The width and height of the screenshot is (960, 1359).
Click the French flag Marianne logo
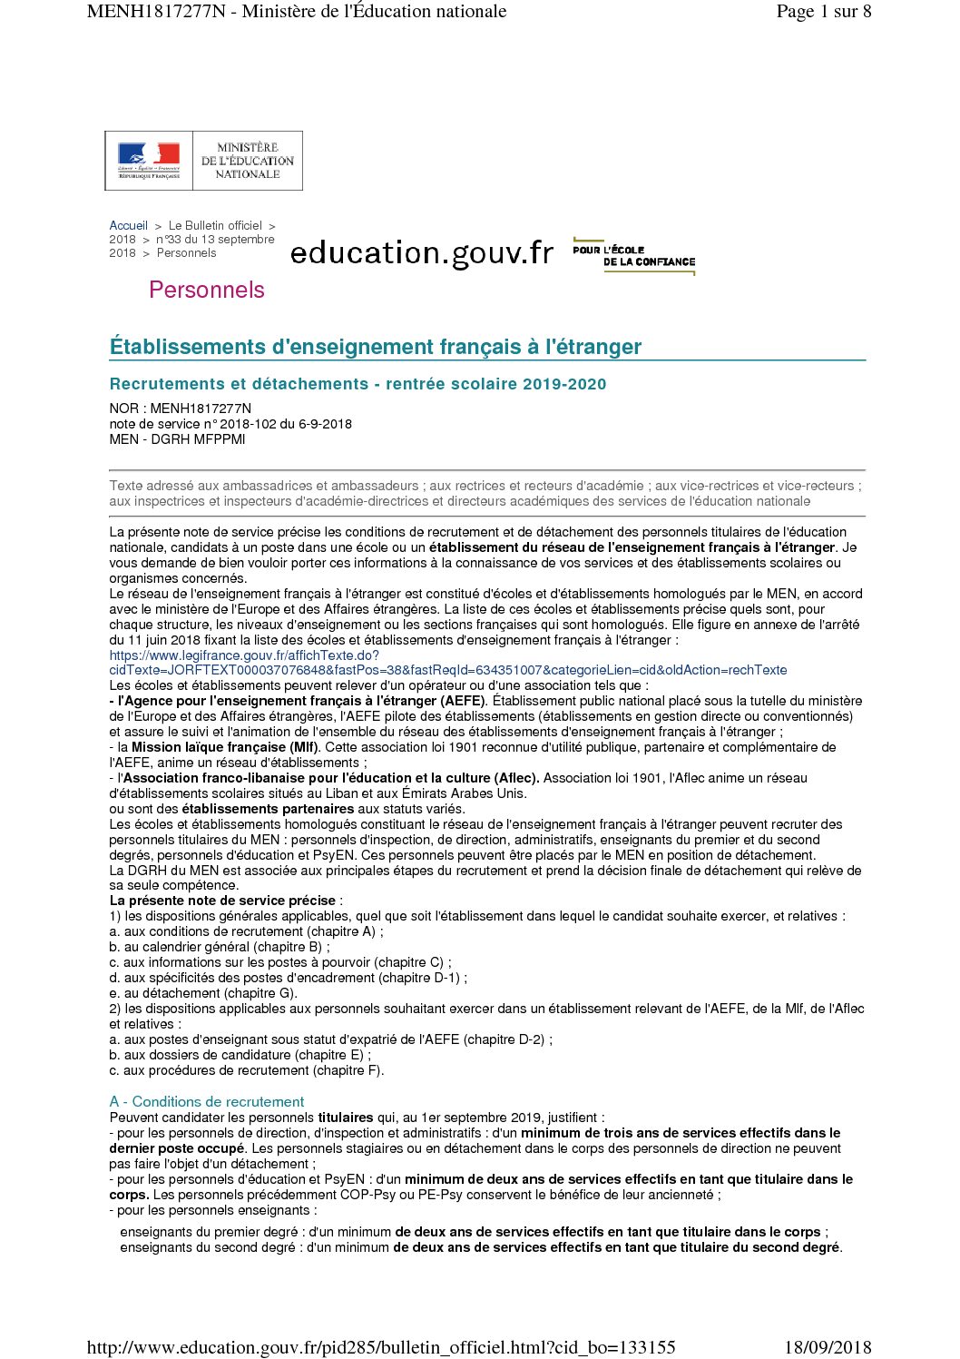149,160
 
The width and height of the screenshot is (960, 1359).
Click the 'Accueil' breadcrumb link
128,226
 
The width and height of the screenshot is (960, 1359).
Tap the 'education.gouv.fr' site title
421,252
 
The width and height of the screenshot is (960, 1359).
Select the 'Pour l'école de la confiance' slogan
634,256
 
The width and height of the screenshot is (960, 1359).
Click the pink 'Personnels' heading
207,290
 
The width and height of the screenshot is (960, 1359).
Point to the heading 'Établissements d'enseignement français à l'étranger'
376,347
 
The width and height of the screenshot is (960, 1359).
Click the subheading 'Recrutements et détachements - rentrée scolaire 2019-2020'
358,384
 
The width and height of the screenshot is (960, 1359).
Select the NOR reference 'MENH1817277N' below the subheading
201,409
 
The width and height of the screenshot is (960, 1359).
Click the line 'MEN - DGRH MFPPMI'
177,439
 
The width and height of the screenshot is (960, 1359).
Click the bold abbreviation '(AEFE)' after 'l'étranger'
462,701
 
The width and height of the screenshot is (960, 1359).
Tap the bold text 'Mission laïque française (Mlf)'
225,747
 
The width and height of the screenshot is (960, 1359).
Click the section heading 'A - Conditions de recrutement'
207,1101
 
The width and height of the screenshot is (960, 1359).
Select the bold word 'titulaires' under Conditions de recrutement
346,1118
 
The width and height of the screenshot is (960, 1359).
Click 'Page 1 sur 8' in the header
823,12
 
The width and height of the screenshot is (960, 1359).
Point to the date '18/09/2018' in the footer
827,1347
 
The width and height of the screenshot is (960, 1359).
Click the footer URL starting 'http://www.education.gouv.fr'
381,1347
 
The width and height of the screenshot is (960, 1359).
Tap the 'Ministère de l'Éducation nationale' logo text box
248,161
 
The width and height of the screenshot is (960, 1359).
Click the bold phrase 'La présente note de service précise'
222,901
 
